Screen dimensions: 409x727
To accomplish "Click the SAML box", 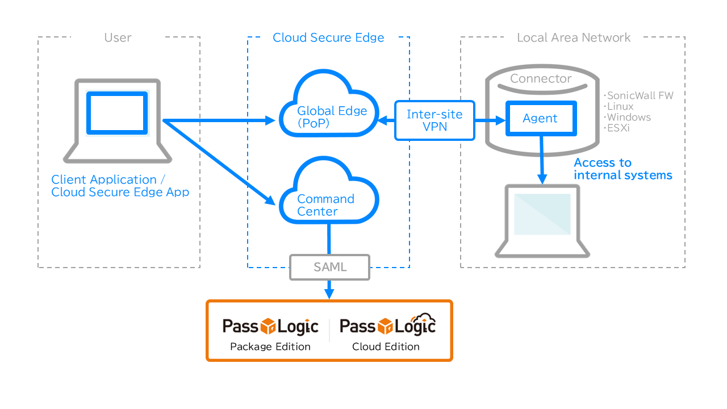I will [x=329, y=267].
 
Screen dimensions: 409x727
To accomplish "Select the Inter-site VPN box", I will [x=434, y=120].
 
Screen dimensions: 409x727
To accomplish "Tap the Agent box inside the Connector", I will [x=540, y=119].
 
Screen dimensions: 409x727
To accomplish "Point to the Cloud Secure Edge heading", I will [x=328, y=38].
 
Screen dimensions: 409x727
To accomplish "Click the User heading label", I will [x=118, y=38].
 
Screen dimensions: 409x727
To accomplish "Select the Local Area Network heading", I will [x=574, y=38].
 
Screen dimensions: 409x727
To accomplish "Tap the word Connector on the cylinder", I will [x=541, y=79].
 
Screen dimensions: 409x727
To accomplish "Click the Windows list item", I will [x=627, y=117].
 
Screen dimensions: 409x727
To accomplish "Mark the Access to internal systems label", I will [x=622, y=169].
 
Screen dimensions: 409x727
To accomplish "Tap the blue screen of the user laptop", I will [x=116, y=113].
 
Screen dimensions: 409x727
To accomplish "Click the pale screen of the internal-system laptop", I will [x=542, y=214].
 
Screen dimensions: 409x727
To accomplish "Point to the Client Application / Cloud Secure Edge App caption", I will [x=120, y=186].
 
